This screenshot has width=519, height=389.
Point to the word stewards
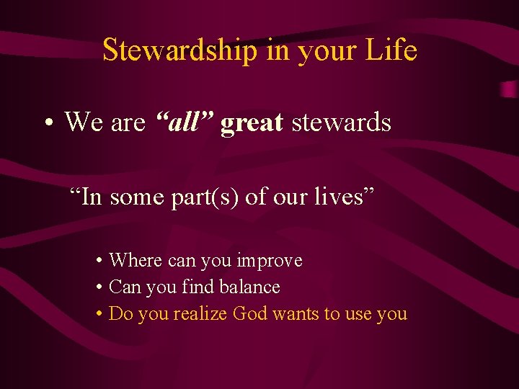341,122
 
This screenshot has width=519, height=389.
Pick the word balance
249,287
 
